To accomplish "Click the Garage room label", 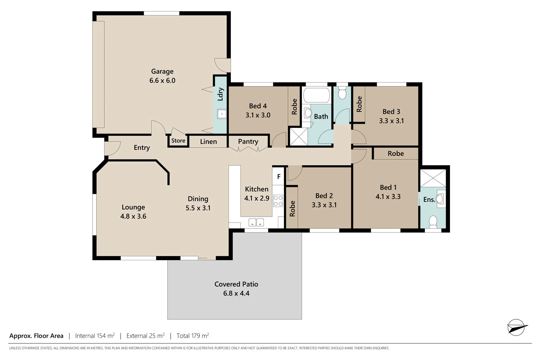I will coord(162,71).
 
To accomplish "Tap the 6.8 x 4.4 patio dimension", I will coord(236,293).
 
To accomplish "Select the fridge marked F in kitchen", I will coord(279,177).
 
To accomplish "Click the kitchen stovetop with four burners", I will coord(278,201).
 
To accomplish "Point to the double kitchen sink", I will coord(256,222).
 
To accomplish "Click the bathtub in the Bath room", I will coord(316,96).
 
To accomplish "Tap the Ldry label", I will coord(220,94).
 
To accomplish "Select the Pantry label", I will coord(248,141).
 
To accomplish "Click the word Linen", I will coord(208,141).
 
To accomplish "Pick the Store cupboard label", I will coord(178,141).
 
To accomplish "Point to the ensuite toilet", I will coord(433,221).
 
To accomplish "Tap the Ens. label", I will coord(429,199).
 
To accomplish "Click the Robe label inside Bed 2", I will coord(292,208).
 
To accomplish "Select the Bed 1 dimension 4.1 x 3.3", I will coord(388,197).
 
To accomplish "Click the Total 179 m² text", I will coord(193,336).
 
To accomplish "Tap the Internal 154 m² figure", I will coord(95,336).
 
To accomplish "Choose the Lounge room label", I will coord(133,207).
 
